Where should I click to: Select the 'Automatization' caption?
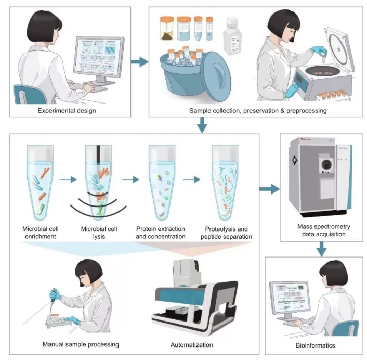[x=191, y=344]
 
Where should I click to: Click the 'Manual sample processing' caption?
[x=81, y=344]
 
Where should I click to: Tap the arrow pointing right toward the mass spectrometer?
[x=269, y=188]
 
